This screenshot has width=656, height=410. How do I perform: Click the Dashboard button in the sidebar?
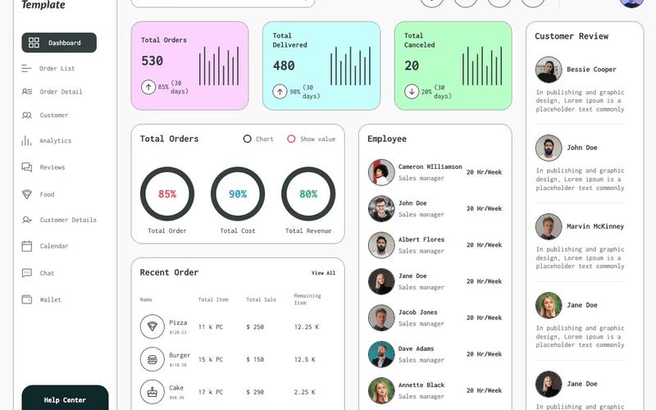(59, 43)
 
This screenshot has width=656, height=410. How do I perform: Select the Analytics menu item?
(55, 141)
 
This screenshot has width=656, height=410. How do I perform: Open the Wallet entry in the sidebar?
(50, 300)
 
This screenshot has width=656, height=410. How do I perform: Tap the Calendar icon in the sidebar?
(27, 246)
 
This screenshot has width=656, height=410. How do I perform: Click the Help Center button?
(65, 399)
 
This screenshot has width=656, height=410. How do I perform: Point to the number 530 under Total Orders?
(153, 61)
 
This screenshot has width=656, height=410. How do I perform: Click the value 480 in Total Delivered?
(284, 66)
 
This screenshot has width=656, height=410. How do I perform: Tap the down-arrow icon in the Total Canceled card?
(412, 91)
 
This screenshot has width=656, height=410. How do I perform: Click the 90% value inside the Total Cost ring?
(238, 194)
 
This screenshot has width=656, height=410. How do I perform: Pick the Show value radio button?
(291, 139)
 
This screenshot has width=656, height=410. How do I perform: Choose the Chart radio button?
(248, 139)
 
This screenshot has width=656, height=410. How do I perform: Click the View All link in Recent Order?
(323, 273)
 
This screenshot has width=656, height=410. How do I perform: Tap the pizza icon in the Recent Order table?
(152, 326)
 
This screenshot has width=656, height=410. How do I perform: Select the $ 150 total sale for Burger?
(255, 359)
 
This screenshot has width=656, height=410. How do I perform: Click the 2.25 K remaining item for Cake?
(306, 392)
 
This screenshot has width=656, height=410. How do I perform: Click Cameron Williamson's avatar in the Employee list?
(381, 172)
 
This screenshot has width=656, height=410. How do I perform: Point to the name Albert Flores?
(421, 239)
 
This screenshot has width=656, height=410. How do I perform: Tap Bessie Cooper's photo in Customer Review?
(549, 70)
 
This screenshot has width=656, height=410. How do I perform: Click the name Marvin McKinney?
(595, 226)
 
